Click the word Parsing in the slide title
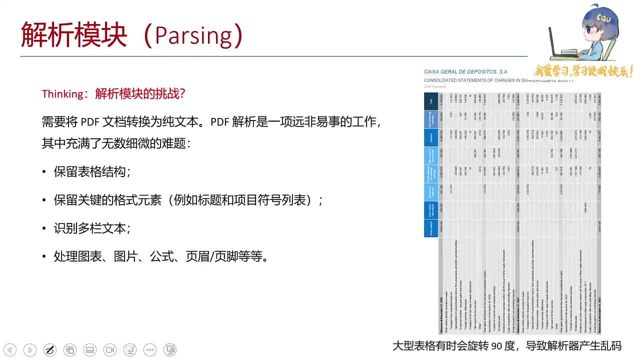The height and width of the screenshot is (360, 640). pos(193,35)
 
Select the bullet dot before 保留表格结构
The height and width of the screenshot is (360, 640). pos(44,172)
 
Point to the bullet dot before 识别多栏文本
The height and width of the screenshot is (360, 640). pos(44,229)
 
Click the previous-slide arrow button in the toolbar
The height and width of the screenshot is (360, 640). pos(10,350)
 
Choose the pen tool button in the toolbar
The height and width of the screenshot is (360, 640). pos(50,350)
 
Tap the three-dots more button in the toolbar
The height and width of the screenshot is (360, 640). pos(150,350)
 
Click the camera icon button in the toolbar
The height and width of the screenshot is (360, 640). pos(110,350)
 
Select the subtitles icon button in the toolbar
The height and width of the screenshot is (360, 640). pos(90,350)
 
